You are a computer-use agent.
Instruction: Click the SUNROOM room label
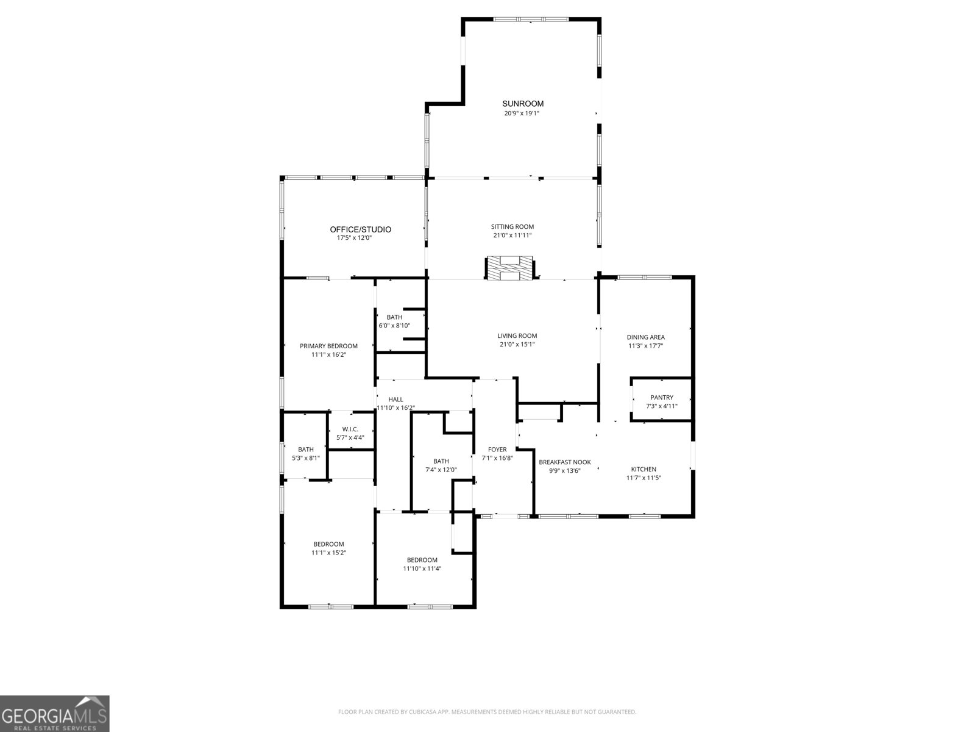[523, 104]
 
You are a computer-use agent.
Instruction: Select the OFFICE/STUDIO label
[361, 229]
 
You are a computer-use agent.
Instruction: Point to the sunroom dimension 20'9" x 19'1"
[522, 113]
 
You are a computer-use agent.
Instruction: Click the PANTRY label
[662, 398]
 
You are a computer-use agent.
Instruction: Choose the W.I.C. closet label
[350, 429]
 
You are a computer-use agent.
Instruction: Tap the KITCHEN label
[643, 469]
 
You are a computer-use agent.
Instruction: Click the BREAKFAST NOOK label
[565, 462]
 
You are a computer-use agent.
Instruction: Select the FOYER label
[497, 450]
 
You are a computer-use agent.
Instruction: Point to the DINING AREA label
[646, 337]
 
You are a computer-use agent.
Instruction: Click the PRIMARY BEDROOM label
[328, 346]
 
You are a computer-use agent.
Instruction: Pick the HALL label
[395, 400]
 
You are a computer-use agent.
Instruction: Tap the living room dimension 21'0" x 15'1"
[517, 344]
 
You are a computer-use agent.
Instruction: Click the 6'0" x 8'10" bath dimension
[394, 325]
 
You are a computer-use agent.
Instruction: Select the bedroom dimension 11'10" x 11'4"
[422, 569]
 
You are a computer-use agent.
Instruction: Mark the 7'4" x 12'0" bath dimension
[441, 470]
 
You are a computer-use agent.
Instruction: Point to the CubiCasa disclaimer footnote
[487, 712]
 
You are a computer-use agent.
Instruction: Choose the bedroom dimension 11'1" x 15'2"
[329, 553]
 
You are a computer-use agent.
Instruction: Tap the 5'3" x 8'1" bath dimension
[306, 457]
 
